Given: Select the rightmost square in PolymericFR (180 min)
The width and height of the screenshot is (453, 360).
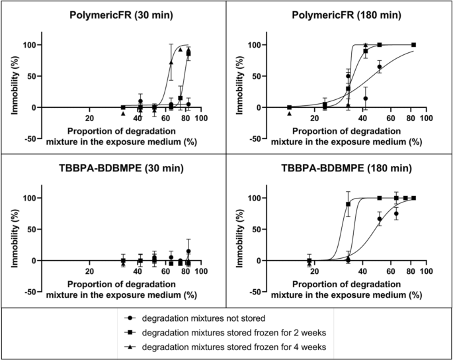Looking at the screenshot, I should [414, 45].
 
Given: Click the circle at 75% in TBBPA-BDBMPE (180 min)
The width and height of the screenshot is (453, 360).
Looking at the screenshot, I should [396, 214].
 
